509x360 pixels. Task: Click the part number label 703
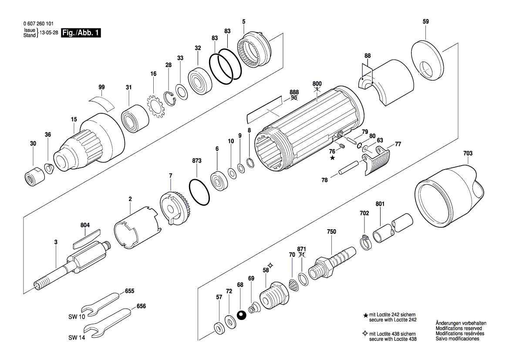[468, 153]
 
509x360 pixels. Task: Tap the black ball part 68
[240, 315]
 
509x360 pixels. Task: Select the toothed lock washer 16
[154, 105]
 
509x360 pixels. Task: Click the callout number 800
[317, 83]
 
